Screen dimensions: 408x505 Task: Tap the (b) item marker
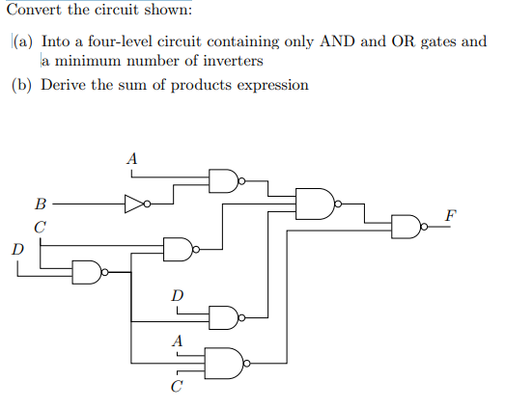point(23,85)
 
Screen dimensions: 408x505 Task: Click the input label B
point(39,204)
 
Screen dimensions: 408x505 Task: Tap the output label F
point(451,212)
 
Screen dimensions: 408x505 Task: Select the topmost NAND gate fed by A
point(223,179)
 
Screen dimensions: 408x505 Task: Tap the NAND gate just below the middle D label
point(223,315)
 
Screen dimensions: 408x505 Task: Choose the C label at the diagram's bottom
point(176,389)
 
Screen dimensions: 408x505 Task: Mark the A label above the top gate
point(132,157)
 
